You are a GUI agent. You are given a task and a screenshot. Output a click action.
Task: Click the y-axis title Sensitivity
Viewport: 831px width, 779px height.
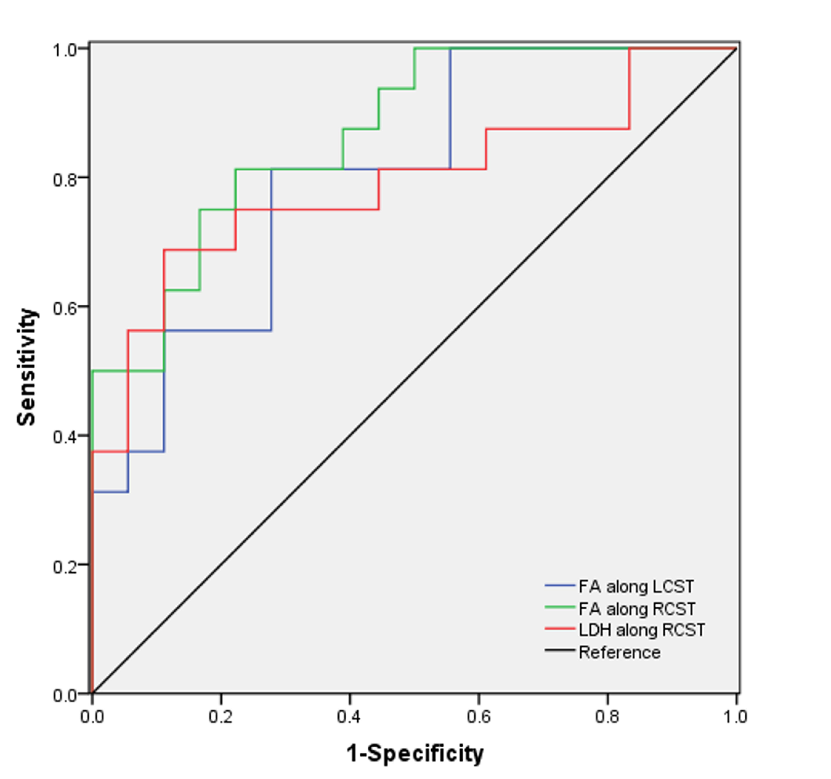[26, 368]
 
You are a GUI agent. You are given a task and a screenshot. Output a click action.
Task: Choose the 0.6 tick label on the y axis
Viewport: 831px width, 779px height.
[65, 309]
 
